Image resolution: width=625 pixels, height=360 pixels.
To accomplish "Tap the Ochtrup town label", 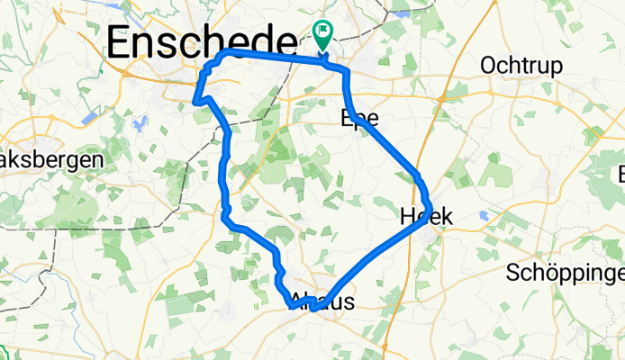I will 521,66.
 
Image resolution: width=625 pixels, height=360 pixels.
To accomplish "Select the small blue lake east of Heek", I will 485,215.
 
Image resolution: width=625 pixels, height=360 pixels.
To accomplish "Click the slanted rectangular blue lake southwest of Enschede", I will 90,118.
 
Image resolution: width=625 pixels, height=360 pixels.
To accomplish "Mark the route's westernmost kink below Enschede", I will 195,103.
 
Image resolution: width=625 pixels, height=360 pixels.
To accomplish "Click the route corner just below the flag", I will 345,68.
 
